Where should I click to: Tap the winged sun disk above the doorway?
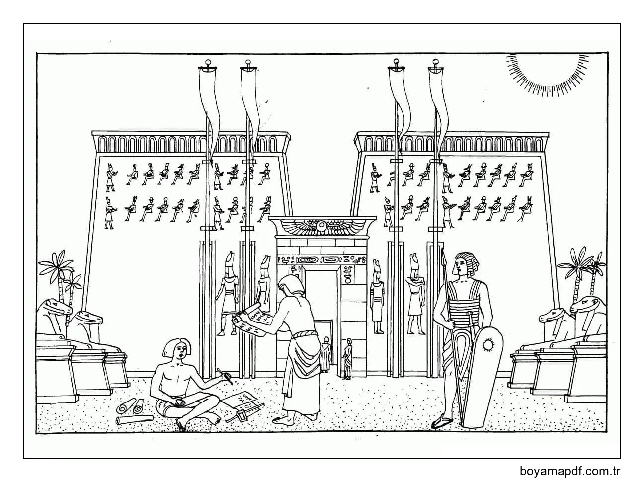pos(322,228)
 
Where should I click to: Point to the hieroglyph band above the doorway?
pos(322,259)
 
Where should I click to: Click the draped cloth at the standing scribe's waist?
pos(303,358)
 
